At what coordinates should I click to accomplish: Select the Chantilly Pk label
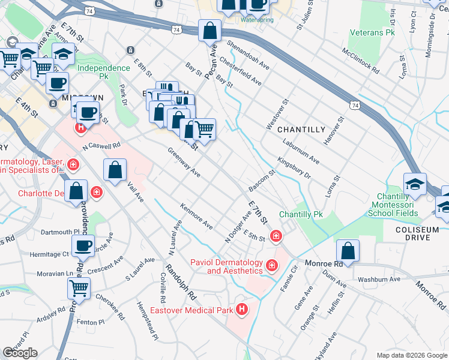[x=301, y=214]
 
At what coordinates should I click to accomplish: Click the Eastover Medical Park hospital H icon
[x=242, y=310]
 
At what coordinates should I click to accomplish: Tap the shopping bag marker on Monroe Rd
[x=348, y=250]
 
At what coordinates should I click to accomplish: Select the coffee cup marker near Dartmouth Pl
[x=83, y=245]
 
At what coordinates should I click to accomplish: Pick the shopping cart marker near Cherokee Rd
[x=79, y=288]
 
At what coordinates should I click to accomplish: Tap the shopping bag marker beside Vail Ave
[x=115, y=170]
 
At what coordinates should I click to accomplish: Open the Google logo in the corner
[x=20, y=353]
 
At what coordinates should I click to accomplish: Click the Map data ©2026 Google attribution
[x=412, y=355]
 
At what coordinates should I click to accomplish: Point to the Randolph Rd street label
[x=181, y=283]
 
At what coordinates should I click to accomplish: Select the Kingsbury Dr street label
[x=294, y=169]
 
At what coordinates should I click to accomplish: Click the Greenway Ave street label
[x=184, y=163]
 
